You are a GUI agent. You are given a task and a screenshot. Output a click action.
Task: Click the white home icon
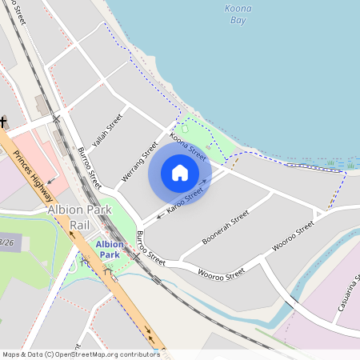coord(180,173)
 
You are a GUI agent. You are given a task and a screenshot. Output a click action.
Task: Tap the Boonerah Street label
coord(226,228)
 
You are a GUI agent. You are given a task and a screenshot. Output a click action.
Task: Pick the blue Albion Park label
coord(110,249)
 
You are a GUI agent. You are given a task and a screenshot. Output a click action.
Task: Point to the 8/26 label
coord(6,241)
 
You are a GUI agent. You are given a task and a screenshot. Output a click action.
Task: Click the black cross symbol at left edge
coord(3,122)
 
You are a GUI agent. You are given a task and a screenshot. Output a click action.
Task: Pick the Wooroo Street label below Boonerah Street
coord(222,274)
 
